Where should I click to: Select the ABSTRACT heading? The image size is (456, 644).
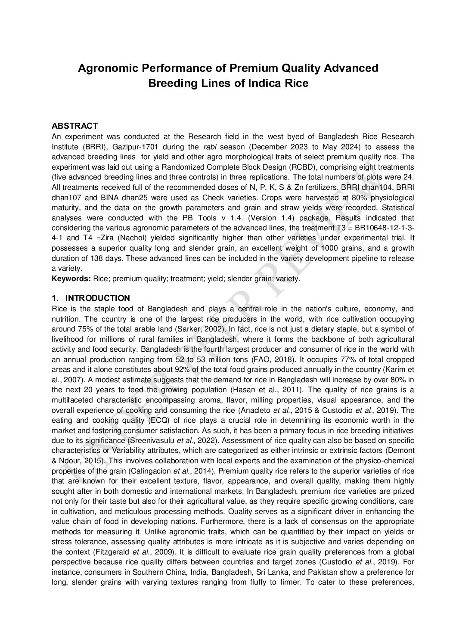(74, 126)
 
